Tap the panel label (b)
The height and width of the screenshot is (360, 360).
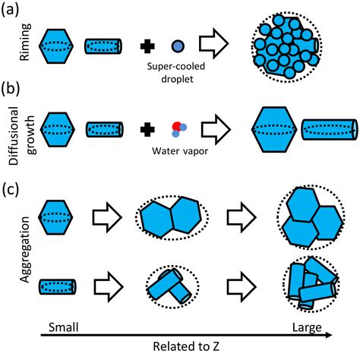(x=10, y=90)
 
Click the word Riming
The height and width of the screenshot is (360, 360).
(x=25, y=42)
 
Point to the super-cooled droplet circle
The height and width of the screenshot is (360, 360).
(x=178, y=46)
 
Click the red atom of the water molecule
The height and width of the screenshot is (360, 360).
(x=177, y=127)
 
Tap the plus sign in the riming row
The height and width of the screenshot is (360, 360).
(x=147, y=46)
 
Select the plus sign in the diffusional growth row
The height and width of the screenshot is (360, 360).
(x=147, y=129)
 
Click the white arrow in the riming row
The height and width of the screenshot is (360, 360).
(x=214, y=44)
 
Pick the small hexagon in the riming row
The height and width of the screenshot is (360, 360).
(x=56, y=46)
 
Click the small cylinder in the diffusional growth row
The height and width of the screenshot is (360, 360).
(x=105, y=129)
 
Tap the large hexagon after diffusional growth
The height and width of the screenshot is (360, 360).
(x=274, y=129)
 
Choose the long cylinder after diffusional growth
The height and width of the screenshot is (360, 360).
(x=330, y=129)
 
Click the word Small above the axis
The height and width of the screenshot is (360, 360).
(x=64, y=327)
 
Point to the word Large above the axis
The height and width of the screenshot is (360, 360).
(x=307, y=328)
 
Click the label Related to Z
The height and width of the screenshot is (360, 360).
(x=186, y=346)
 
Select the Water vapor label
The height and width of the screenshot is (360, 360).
(x=180, y=151)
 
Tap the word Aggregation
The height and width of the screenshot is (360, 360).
(x=26, y=250)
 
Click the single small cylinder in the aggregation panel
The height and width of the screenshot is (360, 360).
(x=58, y=286)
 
